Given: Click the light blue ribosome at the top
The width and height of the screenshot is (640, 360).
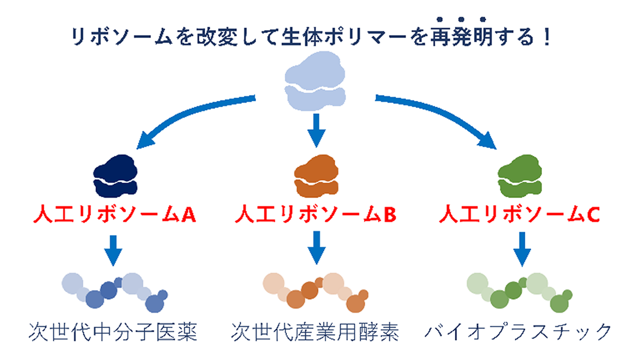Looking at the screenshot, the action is [x=315, y=81].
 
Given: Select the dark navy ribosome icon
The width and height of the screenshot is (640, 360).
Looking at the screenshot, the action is [x=115, y=176].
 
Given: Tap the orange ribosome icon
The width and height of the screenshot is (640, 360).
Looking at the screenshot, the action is [x=316, y=176].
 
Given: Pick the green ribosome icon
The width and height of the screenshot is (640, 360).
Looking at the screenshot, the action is [x=519, y=176].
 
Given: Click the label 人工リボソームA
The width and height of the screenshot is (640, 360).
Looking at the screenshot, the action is [x=115, y=214].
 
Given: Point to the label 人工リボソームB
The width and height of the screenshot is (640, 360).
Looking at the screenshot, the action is [x=316, y=214].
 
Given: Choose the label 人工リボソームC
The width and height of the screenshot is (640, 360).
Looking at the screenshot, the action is [x=519, y=214].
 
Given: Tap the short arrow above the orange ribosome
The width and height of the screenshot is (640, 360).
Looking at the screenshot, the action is [x=316, y=131].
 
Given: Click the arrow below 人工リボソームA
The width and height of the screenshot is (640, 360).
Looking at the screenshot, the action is [x=113, y=251].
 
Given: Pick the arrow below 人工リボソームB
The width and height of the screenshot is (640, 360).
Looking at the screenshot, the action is [x=316, y=248].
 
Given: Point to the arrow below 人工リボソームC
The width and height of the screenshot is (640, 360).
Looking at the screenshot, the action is [x=522, y=250].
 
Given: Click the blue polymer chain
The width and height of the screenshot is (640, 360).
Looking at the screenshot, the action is [x=114, y=292].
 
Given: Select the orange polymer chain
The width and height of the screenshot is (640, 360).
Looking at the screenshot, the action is [x=315, y=292].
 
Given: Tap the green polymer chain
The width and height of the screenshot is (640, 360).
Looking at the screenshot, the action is [x=519, y=292].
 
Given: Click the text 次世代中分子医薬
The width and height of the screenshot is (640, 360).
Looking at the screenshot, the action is [x=113, y=332].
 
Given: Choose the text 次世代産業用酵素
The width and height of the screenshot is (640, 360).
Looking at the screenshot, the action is [x=315, y=332].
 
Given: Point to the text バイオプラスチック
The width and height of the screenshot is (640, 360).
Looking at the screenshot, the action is [x=518, y=332].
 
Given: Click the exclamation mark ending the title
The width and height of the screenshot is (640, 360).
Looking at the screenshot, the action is [x=547, y=37].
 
